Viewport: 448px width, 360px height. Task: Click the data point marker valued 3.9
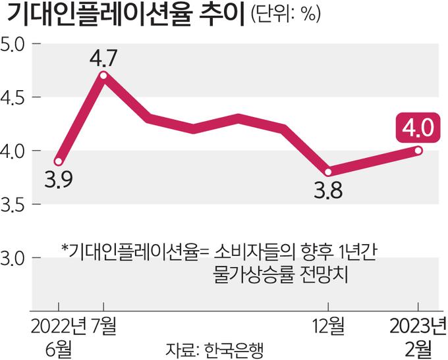pyautogui.click(x=59, y=161)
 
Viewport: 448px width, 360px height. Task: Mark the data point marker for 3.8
pyautogui.click(x=329, y=172)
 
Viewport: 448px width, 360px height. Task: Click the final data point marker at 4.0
pyautogui.click(x=419, y=151)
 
